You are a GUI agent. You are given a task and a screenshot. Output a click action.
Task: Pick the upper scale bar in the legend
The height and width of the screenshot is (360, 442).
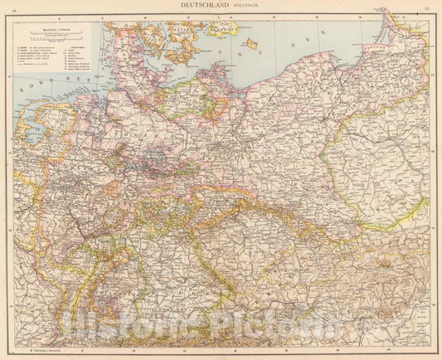point(53,34)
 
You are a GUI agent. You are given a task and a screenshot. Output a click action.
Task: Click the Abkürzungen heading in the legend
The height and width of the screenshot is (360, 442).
point(80,47)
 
